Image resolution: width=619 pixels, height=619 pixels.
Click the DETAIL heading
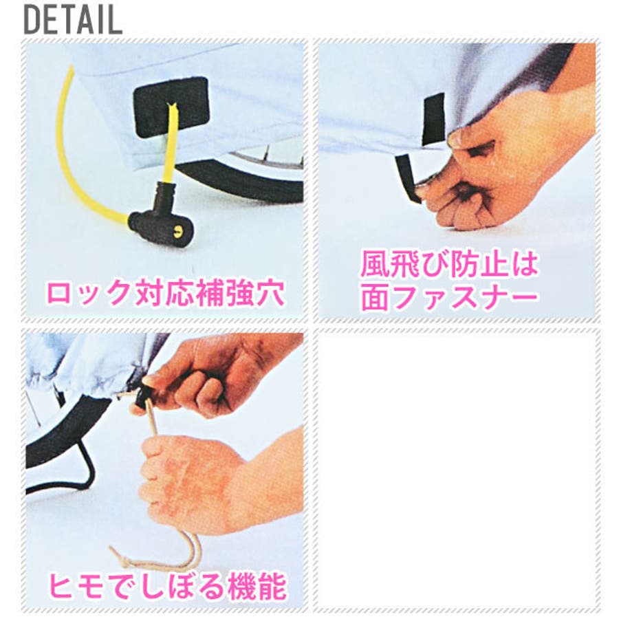73,20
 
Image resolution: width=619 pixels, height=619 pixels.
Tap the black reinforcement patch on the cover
171,107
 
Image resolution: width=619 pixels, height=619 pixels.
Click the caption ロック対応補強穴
166,293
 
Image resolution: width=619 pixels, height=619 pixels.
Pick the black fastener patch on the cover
433,119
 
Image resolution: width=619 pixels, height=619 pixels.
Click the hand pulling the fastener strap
509,158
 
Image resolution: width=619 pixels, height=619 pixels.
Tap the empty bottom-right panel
457,470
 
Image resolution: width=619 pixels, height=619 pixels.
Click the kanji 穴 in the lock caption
271,293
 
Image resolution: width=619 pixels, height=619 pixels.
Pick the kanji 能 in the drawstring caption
272,586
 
